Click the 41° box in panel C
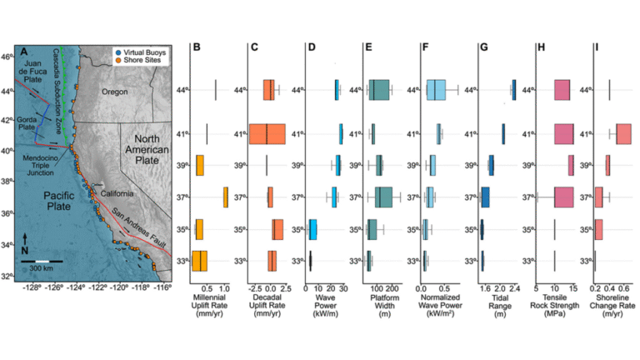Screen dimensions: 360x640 (x=267, y=133)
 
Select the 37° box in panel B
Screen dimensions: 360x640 (x=225, y=197)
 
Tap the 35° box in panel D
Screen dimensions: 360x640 (x=312, y=229)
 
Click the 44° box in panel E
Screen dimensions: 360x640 (x=379, y=90)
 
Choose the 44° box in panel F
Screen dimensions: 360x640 (x=436, y=90)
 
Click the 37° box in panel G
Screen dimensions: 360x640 (x=485, y=197)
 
